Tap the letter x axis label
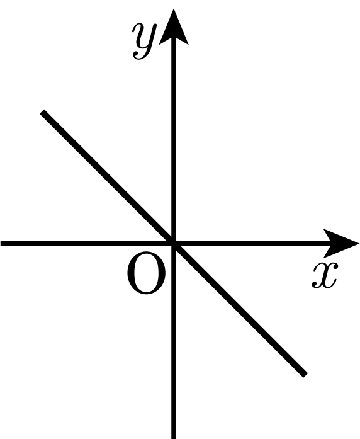[325, 275]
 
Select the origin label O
[146, 273]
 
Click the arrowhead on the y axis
[174, 26]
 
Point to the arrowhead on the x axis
[341, 243]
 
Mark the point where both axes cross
[174, 243]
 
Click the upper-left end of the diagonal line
[42, 112]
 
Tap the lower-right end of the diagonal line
[305, 375]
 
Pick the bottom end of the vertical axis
[174, 438]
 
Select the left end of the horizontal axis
[1, 243]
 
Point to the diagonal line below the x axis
[240, 309]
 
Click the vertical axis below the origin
[174, 341]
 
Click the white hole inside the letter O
[146, 273]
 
